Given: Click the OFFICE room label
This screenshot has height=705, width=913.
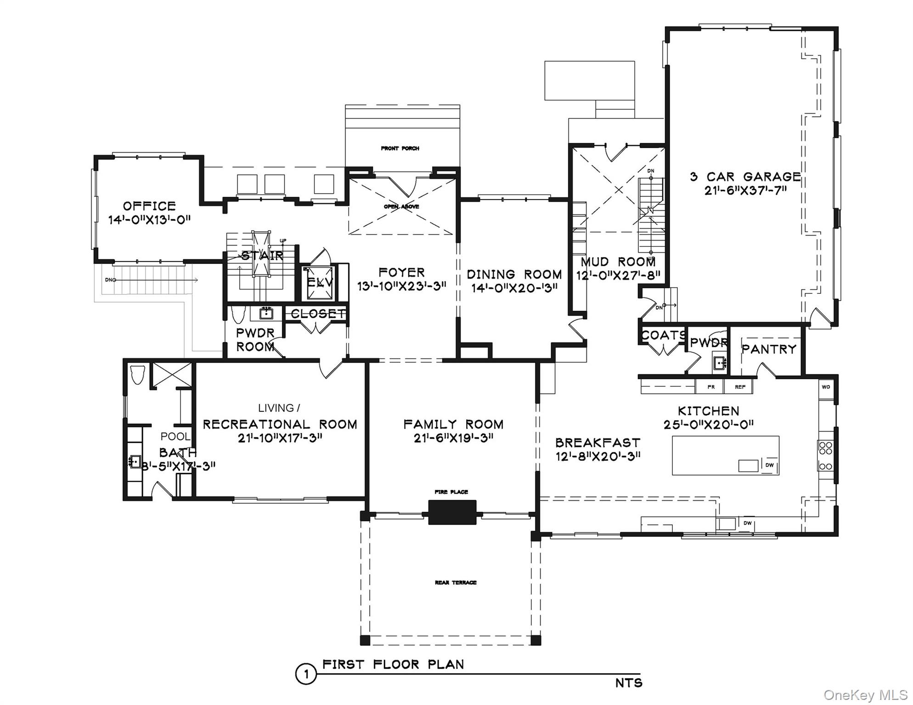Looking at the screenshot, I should coord(149,206).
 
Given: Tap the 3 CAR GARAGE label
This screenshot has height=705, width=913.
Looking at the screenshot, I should coord(745,177).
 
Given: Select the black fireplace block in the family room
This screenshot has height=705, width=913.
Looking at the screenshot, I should coord(452,512).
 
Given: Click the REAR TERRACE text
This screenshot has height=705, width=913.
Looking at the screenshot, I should coord(456,582).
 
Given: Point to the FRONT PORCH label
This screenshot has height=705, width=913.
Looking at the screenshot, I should coord(400,148).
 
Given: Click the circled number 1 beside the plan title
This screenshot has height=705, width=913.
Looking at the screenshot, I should coord(305,674).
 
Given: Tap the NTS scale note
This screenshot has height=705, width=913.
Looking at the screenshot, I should coord(629,683).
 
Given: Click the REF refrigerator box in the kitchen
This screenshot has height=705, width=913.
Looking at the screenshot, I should coord(740,387).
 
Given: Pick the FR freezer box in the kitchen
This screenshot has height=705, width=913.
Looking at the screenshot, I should coord(711,387).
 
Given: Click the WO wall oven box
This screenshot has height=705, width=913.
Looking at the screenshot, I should coord(826,387).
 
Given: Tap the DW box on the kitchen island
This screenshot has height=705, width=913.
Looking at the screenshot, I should coord(770,465).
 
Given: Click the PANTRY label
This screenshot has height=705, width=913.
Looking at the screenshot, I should coord(769,349).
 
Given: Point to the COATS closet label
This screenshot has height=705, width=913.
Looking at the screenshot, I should coord(663,336).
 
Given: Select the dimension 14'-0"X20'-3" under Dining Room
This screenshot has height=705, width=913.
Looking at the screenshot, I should coord(514,288).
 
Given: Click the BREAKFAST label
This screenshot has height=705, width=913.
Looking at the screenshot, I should coord(597,443).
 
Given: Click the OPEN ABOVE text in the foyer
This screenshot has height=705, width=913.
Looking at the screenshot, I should coord(401,207).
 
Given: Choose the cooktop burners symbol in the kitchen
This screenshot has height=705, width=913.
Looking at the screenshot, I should coord(825,454).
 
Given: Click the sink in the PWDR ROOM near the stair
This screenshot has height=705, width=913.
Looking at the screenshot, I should coord(266,313).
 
